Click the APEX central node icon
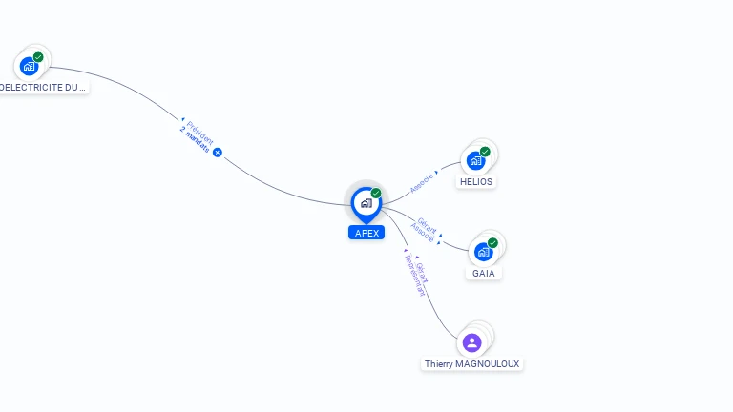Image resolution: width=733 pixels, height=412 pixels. click(x=366, y=203)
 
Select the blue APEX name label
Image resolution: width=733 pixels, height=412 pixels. click(x=366, y=233)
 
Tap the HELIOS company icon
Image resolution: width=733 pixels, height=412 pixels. click(x=475, y=160)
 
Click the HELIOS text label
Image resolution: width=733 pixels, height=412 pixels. click(x=476, y=181)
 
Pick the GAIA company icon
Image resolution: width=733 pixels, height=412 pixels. click(x=483, y=252)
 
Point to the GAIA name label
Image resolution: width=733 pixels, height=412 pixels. click(x=484, y=273)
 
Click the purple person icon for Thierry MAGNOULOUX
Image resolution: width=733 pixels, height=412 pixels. click(x=471, y=342)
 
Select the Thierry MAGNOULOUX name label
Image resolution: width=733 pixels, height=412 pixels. click(x=473, y=364)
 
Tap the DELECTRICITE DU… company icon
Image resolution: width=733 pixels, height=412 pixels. click(x=29, y=66)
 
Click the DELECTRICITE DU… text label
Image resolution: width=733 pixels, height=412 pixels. click(x=43, y=87)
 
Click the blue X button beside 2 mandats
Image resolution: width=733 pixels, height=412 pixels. click(x=218, y=153)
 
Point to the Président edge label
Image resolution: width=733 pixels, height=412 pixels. click(x=200, y=130)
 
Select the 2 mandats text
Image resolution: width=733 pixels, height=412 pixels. click(x=194, y=139)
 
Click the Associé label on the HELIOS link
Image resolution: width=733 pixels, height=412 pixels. click(x=422, y=182)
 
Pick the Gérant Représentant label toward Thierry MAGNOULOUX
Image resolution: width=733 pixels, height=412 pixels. click(x=417, y=274)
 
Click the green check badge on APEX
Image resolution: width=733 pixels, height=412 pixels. click(x=376, y=193)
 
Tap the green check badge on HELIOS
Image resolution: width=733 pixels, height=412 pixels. click(x=485, y=152)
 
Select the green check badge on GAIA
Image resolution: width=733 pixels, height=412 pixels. click(x=492, y=243)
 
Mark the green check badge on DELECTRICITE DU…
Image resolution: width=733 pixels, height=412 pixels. click(x=38, y=57)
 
